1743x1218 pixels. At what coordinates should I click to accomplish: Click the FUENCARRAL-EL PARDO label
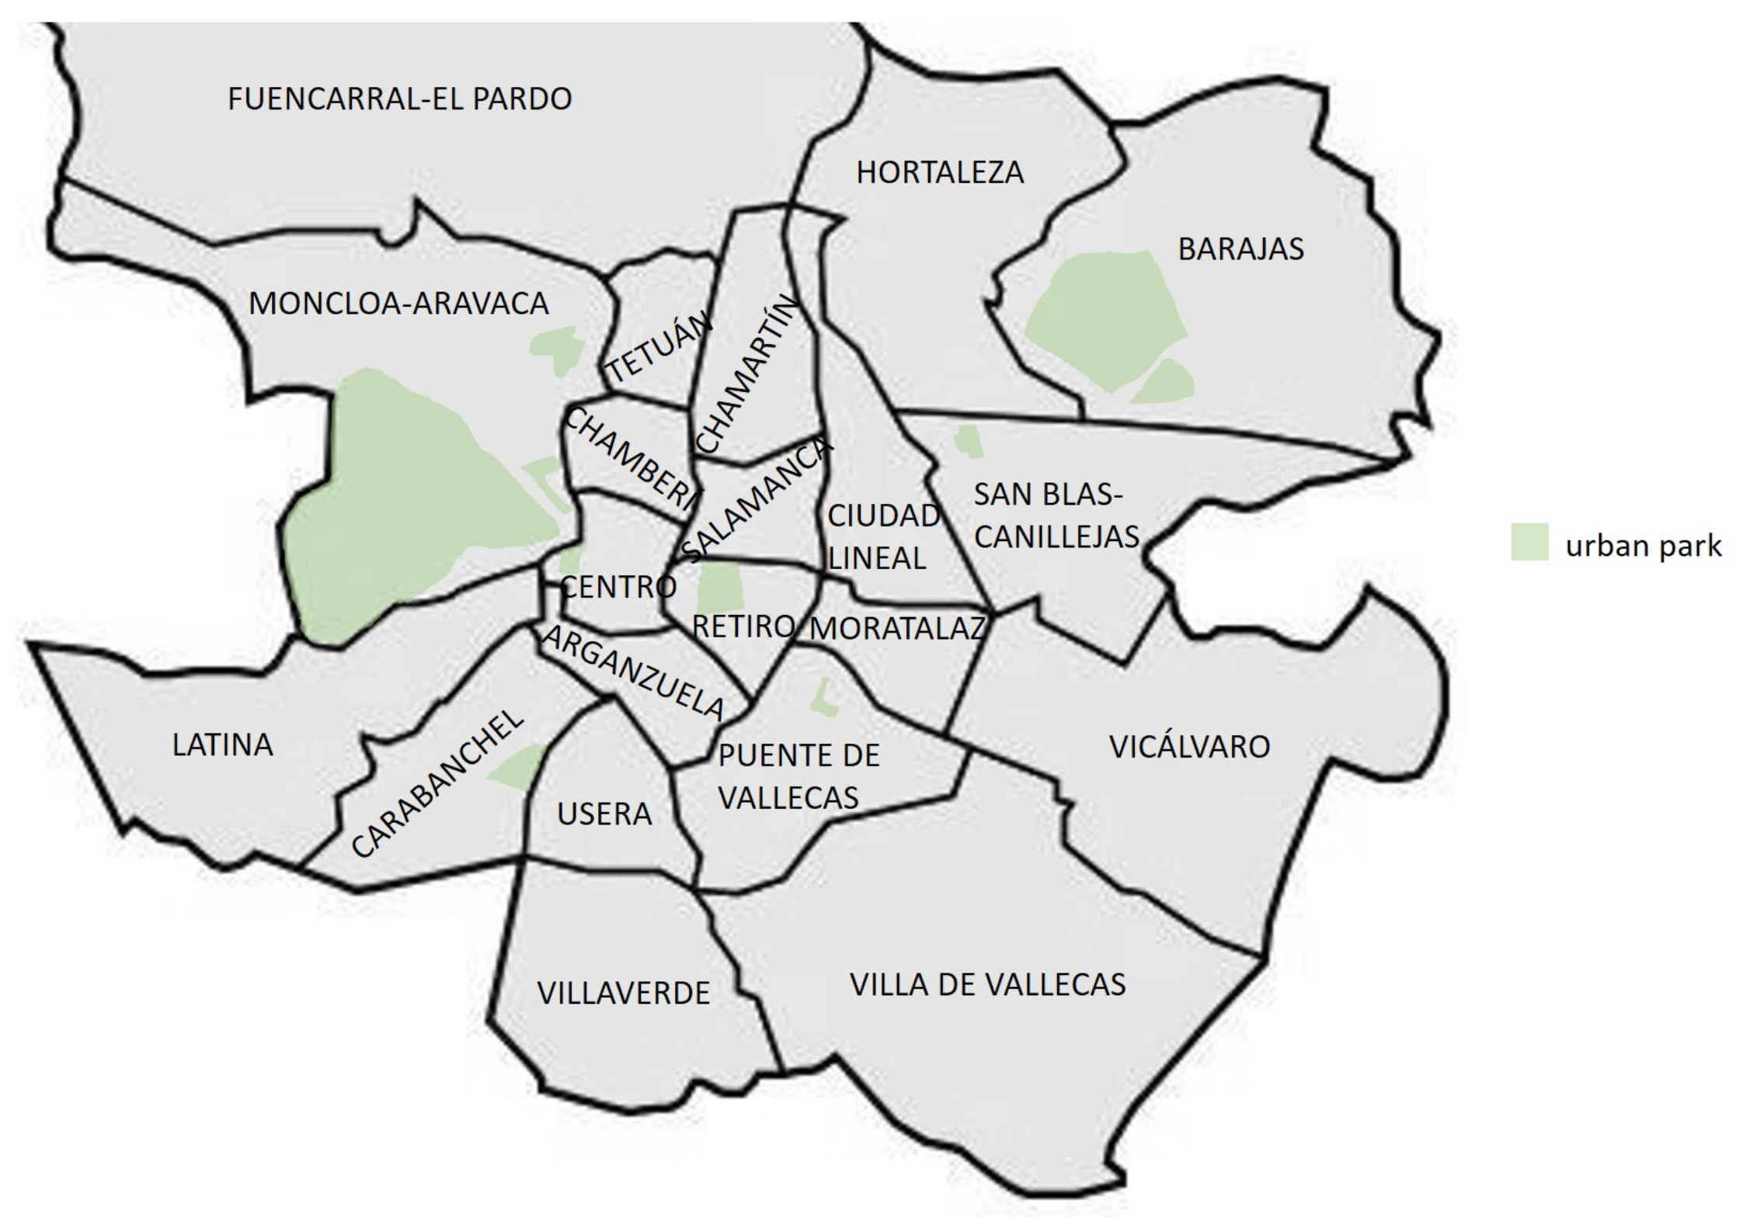coord(399,99)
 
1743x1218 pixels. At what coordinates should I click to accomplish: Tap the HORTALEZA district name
coord(940,172)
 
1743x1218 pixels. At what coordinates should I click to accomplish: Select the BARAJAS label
coord(1240,249)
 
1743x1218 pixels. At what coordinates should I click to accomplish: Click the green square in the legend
coord(1529,542)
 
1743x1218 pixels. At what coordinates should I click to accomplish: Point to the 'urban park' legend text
coord(1644,547)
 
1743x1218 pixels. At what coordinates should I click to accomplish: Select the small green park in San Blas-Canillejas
coord(968,442)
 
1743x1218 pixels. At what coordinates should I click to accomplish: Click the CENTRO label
coord(618,587)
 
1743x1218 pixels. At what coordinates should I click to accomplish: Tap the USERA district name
coord(604,814)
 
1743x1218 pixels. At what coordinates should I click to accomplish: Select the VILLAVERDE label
coord(623,993)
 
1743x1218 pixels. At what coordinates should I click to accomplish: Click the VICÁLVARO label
coord(1189,747)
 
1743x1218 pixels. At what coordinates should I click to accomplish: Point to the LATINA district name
coord(222,745)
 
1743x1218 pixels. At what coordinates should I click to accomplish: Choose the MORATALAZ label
coord(897,628)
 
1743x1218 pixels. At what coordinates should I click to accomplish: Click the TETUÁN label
coord(659,347)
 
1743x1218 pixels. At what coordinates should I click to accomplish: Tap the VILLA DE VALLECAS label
coord(987,984)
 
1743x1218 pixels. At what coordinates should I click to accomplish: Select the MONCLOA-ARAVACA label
coord(398,304)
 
